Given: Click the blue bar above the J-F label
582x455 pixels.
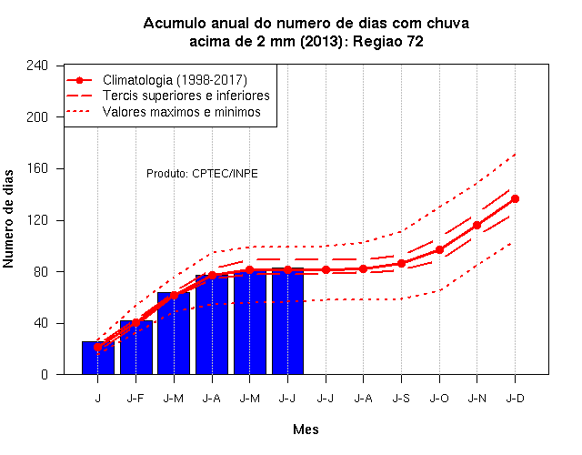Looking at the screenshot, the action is pos(135,347).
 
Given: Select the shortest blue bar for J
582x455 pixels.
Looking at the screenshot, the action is pos(98,358).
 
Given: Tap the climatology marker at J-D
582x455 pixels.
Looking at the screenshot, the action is pos(515,198).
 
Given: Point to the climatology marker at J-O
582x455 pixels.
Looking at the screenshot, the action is pos(439,250).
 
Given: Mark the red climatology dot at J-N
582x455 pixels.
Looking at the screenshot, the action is pos(477,225).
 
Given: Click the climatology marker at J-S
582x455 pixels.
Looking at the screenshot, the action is pos(401,263).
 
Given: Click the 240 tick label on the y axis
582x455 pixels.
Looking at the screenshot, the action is pos(37,66).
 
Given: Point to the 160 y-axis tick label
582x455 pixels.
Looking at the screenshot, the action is pos(37,168).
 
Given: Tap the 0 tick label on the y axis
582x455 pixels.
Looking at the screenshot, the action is pos(45,374).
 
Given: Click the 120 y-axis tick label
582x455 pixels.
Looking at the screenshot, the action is pos(37,220).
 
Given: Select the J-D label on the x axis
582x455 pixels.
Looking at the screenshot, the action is pos(516,399).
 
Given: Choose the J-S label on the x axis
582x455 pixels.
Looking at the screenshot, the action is pos(401,399).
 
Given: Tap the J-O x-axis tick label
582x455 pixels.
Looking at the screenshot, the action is pos(439,399).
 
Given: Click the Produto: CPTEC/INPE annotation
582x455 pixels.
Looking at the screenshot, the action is pos(202,174).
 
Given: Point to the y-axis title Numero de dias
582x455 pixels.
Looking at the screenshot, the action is pos(8,218).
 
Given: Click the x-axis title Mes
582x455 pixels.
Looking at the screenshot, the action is pos(306,430).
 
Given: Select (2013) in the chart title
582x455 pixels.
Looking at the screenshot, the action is pos(321,41).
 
